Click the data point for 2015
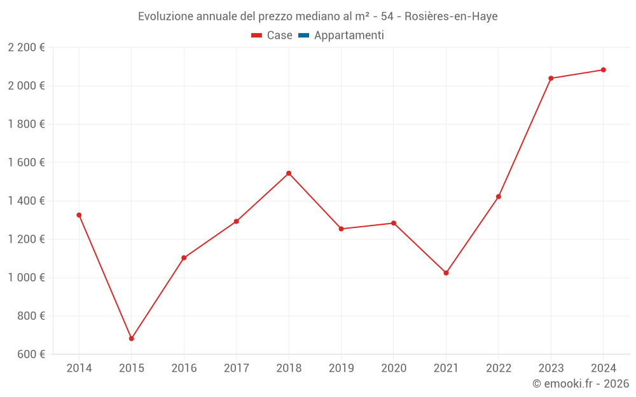(132, 339)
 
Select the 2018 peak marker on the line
(289, 173)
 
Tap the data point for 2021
(446, 273)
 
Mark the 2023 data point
(551, 78)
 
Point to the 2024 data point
(603, 70)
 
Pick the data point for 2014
(79, 215)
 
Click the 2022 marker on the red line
(499, 197)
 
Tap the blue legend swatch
(303, 36)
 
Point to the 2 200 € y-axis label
(26, 48)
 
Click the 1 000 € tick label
(26, 278)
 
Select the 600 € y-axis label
(31, 354)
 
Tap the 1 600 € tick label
(26, 163)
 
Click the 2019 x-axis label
(341, 368)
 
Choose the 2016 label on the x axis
(184, 368)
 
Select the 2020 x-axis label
(394, 368)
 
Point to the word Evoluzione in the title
(164, 17)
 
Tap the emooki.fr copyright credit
(581, 384)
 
